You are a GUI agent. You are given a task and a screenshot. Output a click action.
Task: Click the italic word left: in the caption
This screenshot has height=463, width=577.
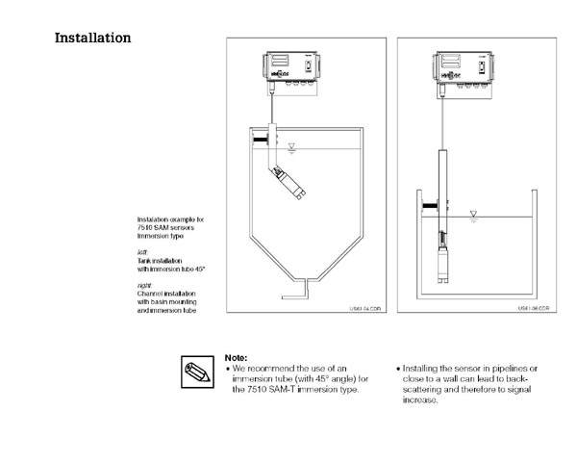[142, 251]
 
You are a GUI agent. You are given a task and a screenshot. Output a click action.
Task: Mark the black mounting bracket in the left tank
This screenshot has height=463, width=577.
[259, 141]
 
